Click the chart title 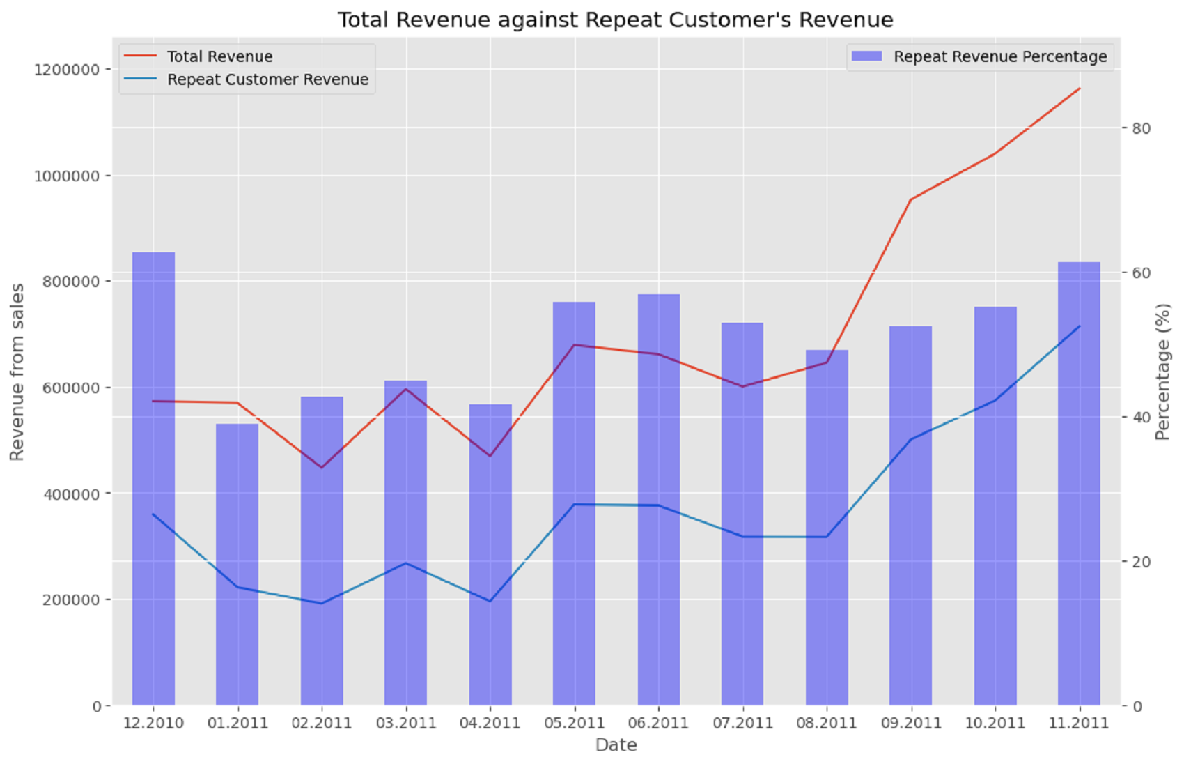coord(615,20)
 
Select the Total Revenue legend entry coord(219,56)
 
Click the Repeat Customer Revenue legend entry coord(267,79)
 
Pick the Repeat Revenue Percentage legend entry coord(999,56)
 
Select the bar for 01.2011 coord(237,565)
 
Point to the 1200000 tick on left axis coord(67,70)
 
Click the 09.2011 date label coord(910,723)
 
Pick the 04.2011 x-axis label coord(490,723)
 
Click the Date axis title coord(616,745)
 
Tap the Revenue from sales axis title coord(17,372)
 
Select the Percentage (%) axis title coord(1162,372)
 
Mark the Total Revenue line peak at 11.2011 coord(1079,89)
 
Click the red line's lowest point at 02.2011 coord(322,467)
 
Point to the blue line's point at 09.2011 coord(910,439)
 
